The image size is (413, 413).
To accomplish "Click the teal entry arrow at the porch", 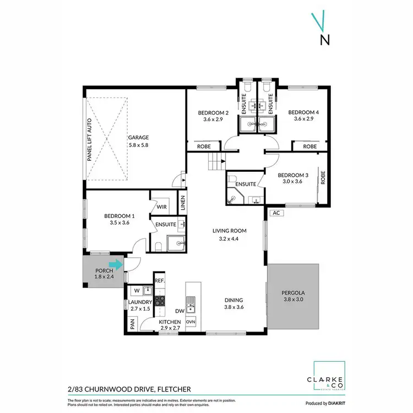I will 117,265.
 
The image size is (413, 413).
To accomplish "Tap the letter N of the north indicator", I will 325,39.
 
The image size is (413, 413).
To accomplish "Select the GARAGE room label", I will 139,138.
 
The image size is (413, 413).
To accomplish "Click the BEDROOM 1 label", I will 117,216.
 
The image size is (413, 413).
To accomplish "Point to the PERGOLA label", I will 292,292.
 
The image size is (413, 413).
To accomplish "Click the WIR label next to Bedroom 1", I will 161,207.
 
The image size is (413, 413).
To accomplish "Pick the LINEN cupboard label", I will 182,204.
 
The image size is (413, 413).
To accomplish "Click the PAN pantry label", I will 133,325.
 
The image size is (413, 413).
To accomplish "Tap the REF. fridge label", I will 160,281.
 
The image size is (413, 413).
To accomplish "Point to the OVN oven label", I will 191,322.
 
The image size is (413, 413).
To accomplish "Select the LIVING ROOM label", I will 229,231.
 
